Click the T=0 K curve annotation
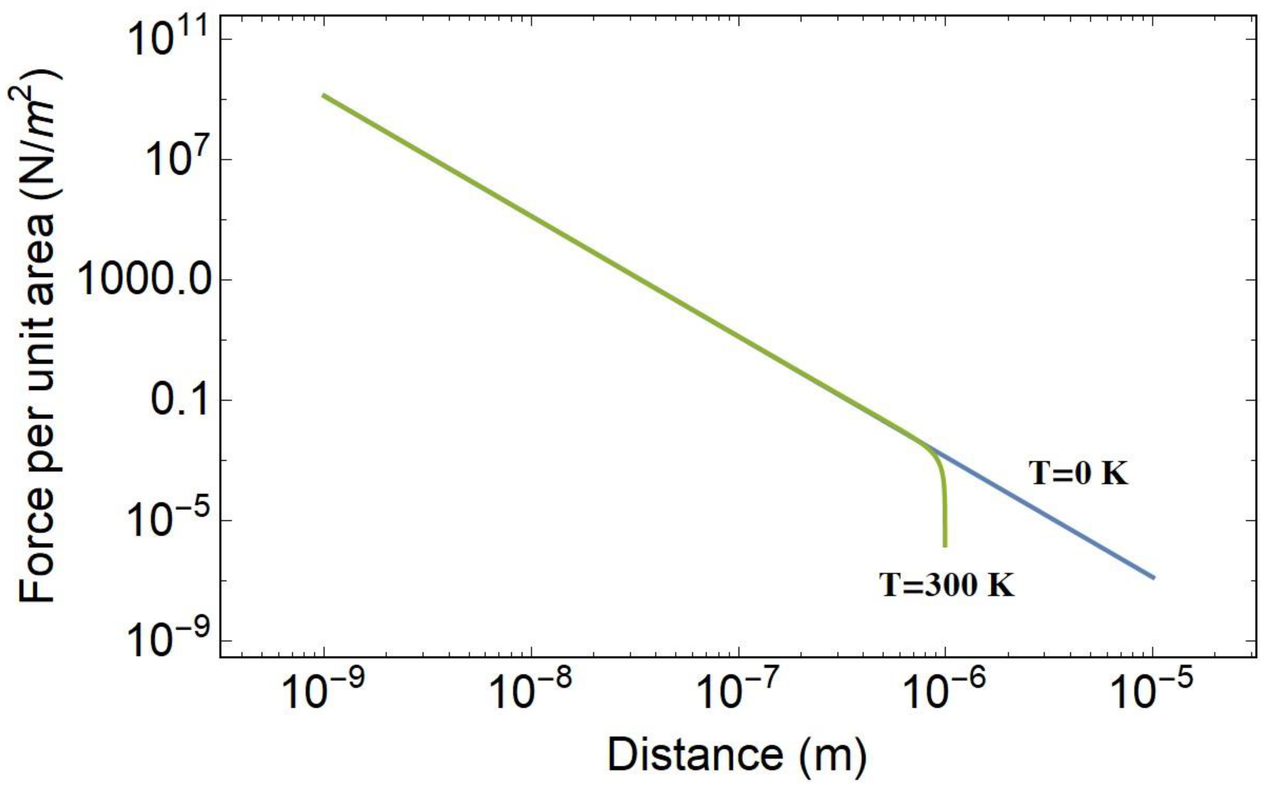(1079, 473)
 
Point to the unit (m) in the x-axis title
(832, 756)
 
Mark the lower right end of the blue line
(1153, 578)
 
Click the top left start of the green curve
(324, 95)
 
